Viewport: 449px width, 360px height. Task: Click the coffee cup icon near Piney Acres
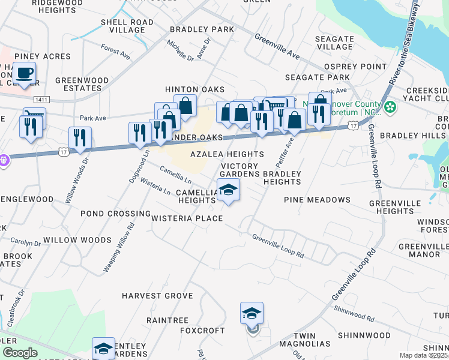pos(24,73)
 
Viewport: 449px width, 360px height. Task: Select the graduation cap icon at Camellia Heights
pos(228,190)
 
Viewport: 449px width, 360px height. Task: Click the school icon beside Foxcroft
pos(252,313)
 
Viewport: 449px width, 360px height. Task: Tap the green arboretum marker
pos(391,107)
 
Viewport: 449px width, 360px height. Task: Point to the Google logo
pos(20,353)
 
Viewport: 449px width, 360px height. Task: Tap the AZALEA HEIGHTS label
pos(227,154)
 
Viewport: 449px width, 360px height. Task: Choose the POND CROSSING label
pos(115,214)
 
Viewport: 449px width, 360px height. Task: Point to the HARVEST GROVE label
pos(157,296)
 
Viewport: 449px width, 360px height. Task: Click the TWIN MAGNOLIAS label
pos(312,340)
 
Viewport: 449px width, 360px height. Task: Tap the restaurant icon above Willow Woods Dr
pos(79,137)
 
